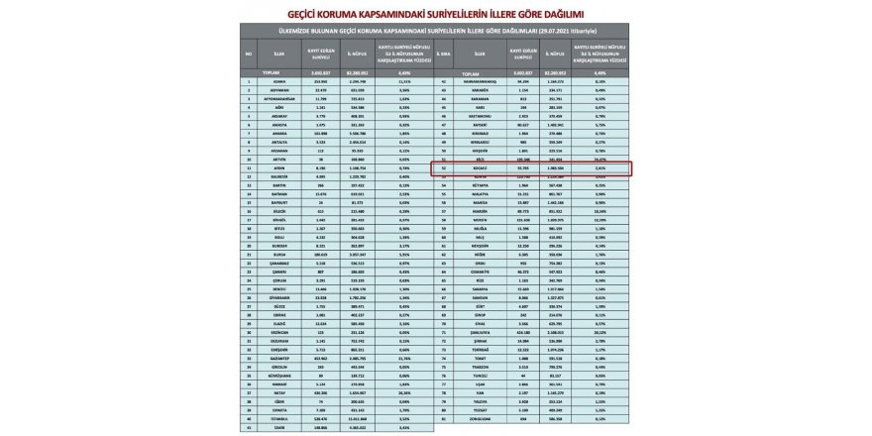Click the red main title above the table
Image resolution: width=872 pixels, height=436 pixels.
[436, 15]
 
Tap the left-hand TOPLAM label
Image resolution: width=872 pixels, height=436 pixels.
[270, 72]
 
